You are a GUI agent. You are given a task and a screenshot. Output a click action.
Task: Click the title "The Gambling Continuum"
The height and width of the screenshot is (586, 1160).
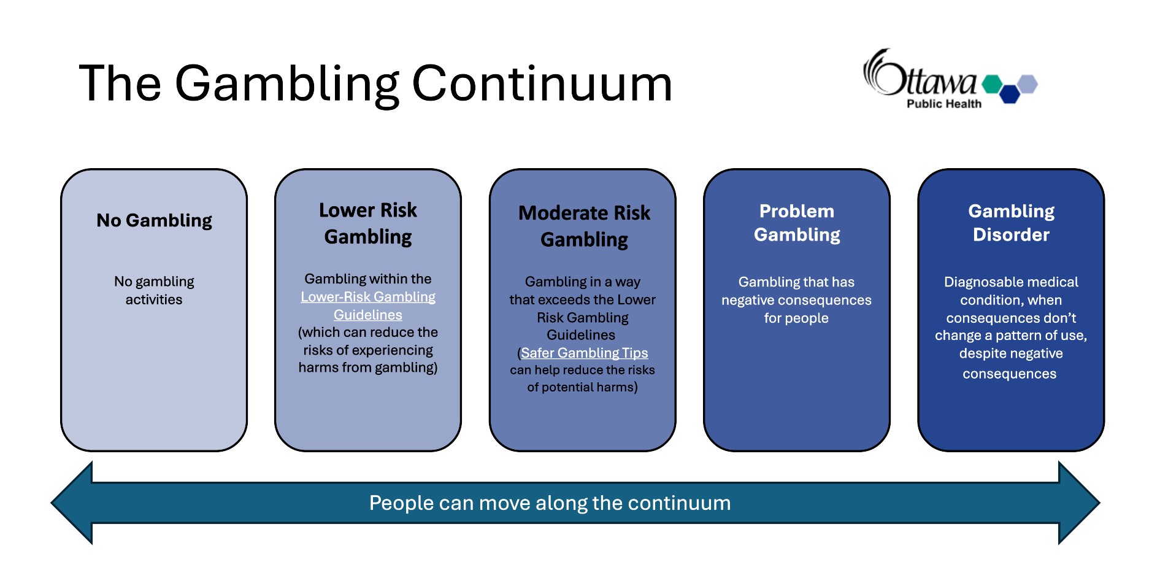click(x=375, y=84)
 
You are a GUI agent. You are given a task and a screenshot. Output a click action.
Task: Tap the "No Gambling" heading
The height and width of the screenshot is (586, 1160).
click(x=154, y=220)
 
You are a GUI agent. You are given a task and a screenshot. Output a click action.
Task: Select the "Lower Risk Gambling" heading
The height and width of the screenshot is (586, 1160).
click(x=368, y=223)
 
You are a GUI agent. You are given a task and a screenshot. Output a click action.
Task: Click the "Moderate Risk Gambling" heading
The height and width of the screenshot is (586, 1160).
click(x=584, y=226)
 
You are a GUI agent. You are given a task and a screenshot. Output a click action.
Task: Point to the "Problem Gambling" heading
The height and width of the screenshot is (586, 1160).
click(x=797, y=223)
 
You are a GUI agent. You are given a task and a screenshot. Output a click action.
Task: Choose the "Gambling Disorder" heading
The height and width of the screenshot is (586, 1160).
click(x=1011, y=223)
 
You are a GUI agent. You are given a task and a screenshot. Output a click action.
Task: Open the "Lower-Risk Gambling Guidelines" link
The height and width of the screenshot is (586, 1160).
click(x=368, y=306)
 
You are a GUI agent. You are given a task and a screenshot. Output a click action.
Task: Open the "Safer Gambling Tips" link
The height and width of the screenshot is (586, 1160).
click(x=584, y=353)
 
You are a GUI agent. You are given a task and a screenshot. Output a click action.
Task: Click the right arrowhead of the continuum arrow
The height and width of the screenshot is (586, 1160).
click(x=1079, y=503)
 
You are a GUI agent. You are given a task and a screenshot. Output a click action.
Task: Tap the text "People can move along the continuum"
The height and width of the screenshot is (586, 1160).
click(x=550, y=503)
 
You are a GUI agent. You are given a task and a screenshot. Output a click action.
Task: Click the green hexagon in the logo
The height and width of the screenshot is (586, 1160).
click(x=992, y=84)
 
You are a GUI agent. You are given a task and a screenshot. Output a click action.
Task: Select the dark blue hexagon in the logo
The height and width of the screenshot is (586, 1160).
click(x=1010, y=94)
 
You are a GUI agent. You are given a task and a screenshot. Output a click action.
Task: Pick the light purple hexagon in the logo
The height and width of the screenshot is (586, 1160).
click(x=1027, y=84)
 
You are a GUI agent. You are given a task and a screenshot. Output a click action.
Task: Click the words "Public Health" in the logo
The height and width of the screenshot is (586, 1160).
click(x=944, y=104)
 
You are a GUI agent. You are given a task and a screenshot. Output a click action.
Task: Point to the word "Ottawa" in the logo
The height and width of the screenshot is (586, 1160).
click(x=920, y=74)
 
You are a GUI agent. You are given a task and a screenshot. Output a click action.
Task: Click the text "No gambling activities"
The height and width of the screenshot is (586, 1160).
click(x=154, y=290)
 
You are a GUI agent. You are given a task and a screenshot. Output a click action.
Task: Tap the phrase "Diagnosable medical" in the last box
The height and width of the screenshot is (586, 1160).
click(x=1011, y=282)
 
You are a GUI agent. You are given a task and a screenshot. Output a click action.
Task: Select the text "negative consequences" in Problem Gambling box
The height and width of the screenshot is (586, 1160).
click(x=796, y=300)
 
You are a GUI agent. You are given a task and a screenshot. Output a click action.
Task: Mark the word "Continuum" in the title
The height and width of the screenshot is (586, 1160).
click(x=542, y=84)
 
